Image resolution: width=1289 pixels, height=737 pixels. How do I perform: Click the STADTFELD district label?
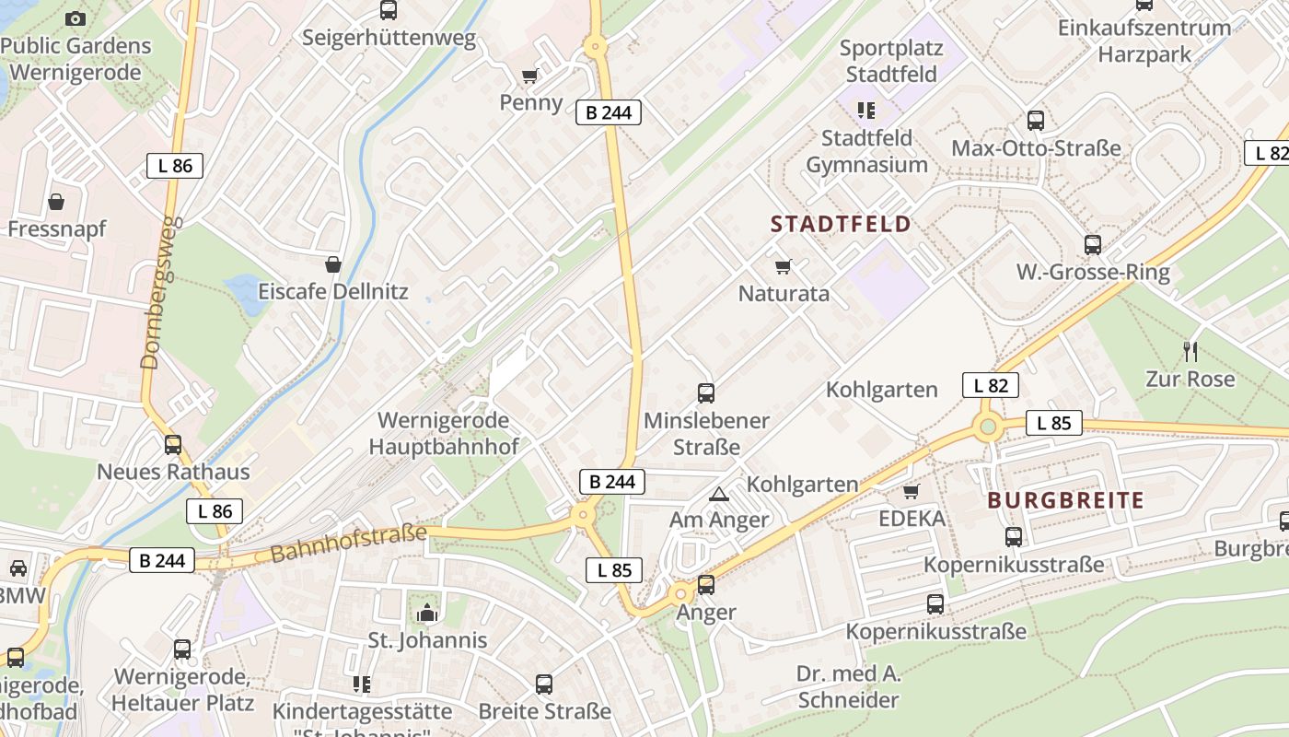(x=840, y=224)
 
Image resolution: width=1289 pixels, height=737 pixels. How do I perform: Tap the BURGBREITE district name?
(x=1065, y=501)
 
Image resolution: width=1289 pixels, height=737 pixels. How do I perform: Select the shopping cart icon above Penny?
(x=529, y=76)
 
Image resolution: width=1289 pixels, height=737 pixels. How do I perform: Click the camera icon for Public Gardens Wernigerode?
(x=75, y=18)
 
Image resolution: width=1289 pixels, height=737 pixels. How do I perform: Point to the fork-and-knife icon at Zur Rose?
(x=1190, y=351)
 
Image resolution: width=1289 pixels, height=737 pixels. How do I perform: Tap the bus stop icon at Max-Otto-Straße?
(x=1035, y=121)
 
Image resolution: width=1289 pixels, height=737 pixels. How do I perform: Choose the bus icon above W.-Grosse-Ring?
(x=1092, y=245)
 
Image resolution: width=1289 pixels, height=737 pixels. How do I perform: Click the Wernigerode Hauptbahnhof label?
(x=444, y=433)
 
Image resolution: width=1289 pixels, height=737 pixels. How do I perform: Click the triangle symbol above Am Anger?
(x=718, y=495)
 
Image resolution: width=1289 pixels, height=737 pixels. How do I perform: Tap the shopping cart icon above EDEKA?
(x=912, y=492)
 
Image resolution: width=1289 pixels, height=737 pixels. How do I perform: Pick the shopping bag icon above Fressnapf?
(x=56, y=202)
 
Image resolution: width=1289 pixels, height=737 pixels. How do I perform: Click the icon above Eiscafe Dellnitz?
(x=332, y=265)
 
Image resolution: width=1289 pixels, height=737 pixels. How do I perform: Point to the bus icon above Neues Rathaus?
(x=172, y=445)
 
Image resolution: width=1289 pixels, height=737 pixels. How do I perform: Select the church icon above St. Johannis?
(x=426, y=613)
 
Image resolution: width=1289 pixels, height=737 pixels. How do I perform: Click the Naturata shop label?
(x=784, y=294)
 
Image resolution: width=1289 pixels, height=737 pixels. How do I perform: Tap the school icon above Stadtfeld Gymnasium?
(x=865, y=111)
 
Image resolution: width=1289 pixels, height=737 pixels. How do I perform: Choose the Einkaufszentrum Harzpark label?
(x=1144, y=41)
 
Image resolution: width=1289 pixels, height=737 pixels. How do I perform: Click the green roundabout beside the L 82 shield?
(x=989, y=426)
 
